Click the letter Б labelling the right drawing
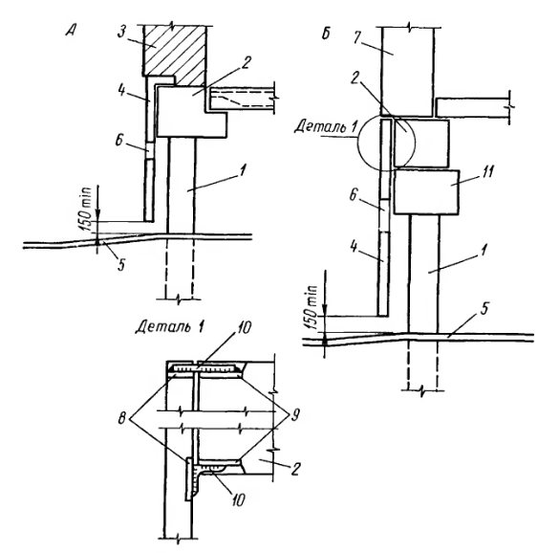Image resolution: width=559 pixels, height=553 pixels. pos(326,33)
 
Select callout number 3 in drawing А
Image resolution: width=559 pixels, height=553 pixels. pos(122,32)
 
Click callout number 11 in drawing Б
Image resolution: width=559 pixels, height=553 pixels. pos(486,171)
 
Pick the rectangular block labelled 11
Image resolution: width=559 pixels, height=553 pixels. pos(426,192)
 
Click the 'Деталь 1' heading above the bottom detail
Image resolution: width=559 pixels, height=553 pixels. pos(170,326)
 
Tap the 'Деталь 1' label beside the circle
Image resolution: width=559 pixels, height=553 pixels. pos(326,126)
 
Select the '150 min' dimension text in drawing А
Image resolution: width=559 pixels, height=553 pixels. pos(87,209)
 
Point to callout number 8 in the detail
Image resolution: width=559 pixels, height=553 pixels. pos(122,418)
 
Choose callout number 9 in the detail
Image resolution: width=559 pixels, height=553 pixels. pos(294,415)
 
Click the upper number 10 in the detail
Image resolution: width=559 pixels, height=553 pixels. pos(244,328)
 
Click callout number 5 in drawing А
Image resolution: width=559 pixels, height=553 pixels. pos(121,265)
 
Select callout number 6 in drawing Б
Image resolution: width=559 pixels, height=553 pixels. pos(353,195)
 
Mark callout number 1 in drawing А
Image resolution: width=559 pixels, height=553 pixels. pos(242,170)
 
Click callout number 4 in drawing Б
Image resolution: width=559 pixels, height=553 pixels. pos(354,247)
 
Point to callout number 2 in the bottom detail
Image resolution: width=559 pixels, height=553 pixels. pos(295,470)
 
